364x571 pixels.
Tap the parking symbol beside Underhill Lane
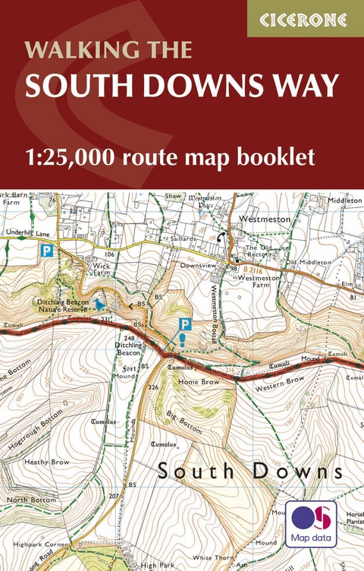pos(46,251)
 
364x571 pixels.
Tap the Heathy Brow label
pos(47,462)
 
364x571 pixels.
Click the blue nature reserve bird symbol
pos(99,304)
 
